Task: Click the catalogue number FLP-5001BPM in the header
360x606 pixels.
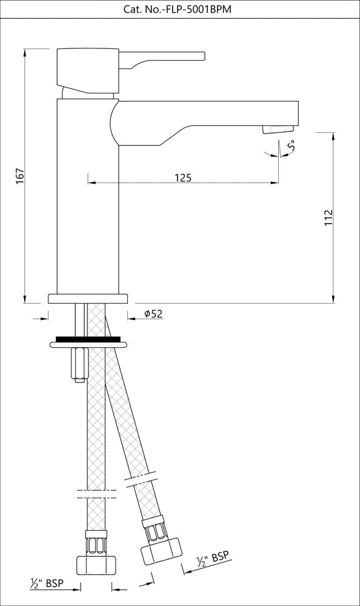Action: coord(180,8)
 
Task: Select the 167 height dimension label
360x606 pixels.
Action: coord(19,176)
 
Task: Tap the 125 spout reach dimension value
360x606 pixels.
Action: coord(183,178)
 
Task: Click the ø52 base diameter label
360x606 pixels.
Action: coord(153,313)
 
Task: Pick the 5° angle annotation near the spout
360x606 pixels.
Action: coord(292,146)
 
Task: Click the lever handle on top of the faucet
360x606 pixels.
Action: coord(164,57)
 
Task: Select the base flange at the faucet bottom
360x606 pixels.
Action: coord(88,298)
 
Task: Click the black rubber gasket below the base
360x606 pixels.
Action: coord(88,339)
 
